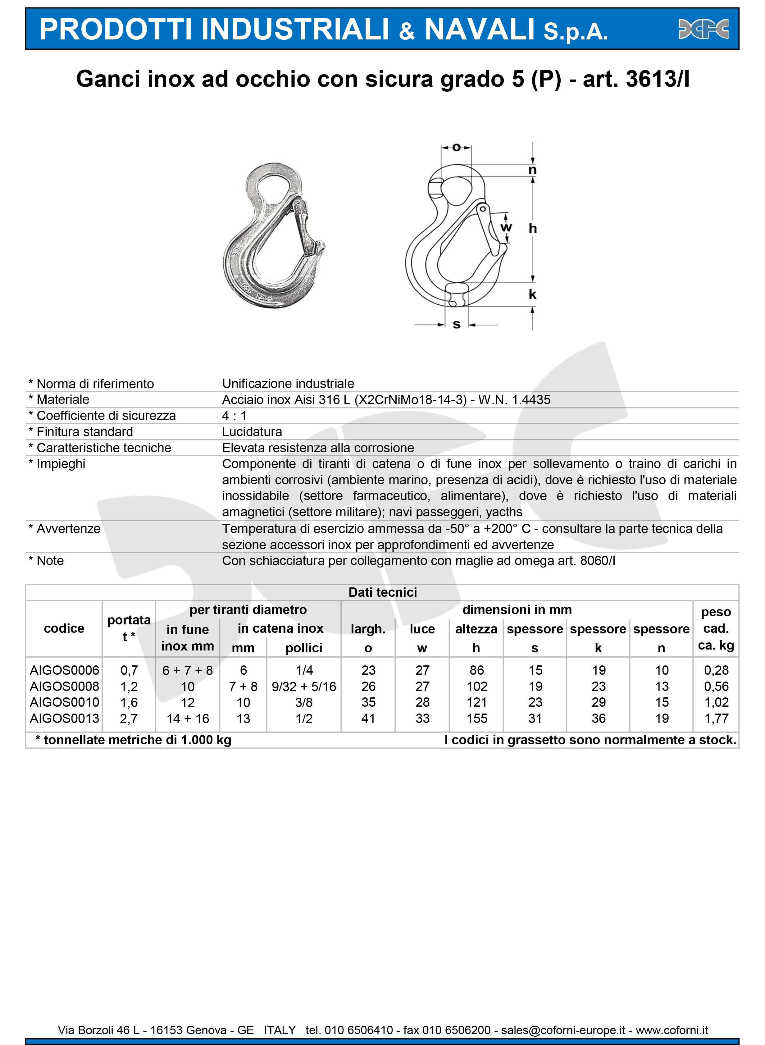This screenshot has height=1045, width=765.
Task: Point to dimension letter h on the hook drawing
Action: coord(533,228)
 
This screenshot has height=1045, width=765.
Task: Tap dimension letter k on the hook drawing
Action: coord(533,294)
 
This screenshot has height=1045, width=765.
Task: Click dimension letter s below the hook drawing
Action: coord(457,325)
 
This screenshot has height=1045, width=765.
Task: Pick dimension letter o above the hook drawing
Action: coord(456,148)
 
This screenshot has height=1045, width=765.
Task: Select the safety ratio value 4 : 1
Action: coord(234,416)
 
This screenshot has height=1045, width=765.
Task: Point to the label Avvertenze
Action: coord(68,529)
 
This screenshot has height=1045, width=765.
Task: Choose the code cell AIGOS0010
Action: coord(64,702)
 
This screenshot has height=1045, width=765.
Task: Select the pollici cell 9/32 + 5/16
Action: coord(304,687)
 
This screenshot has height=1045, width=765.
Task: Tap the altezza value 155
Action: coord(476,719)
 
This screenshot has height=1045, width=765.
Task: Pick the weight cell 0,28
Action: coord(716,670)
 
